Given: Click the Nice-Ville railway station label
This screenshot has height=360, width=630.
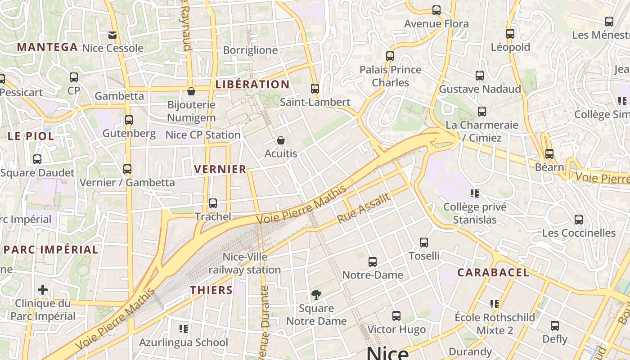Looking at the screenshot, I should click(245, 263).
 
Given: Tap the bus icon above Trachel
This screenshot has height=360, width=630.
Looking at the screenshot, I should click(213, 203).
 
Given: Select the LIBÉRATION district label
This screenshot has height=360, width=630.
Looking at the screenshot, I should click(252, 84).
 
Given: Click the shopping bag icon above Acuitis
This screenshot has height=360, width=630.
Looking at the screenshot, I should click(281, 140).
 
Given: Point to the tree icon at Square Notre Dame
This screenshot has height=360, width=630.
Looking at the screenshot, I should click(316, 295).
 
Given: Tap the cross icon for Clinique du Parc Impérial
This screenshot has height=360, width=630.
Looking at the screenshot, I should click(43, 290).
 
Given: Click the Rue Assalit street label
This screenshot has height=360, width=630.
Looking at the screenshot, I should click(364, 209).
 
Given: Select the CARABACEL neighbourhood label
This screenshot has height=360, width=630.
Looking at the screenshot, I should click(493, 272).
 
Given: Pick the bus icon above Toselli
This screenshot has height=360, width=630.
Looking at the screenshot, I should click(424, 243).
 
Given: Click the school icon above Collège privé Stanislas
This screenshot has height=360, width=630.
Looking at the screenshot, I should click(474, 193).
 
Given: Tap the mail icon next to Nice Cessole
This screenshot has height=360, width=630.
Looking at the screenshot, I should click(112, 35).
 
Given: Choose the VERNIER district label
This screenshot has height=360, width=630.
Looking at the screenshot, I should click(220, 169).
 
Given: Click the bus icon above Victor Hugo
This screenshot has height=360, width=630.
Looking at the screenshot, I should click(396, 316).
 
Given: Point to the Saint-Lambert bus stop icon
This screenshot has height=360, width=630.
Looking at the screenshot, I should click(315, 89).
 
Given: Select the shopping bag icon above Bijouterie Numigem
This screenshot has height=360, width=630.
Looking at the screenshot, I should click(191, 91).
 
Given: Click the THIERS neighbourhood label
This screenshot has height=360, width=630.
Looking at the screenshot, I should click(211, 290).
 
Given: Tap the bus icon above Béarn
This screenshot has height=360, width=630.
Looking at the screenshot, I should click(549, 154).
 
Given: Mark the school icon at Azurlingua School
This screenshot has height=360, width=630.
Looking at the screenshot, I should click(183, 329).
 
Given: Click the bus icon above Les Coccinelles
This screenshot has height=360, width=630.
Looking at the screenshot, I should click(579, 220).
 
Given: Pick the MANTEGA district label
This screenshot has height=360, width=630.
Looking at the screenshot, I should click(47, 47).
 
